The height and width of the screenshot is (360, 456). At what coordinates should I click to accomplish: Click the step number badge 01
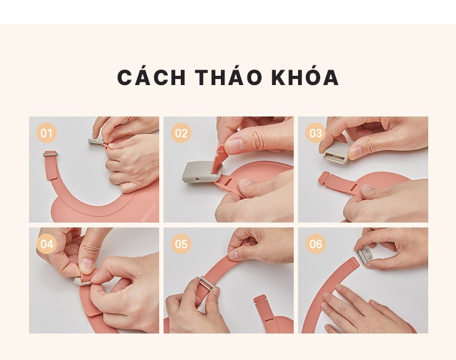click(46, 133)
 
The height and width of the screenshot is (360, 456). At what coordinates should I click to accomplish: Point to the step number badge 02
click(181, 133)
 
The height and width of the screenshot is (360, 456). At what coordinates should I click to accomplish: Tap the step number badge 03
click(315, 133)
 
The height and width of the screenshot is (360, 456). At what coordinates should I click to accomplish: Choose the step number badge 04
click(46, 243)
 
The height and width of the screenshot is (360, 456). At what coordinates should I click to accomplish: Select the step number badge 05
click(181, 243)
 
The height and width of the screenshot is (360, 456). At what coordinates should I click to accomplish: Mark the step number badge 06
click(315, 243)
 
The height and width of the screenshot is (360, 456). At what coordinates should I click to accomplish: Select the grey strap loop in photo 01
click(51, 153)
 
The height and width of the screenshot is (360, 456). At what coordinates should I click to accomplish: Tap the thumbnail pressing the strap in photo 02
click(235, 146)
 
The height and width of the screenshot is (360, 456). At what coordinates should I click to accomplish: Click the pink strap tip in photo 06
click(351, 264)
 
